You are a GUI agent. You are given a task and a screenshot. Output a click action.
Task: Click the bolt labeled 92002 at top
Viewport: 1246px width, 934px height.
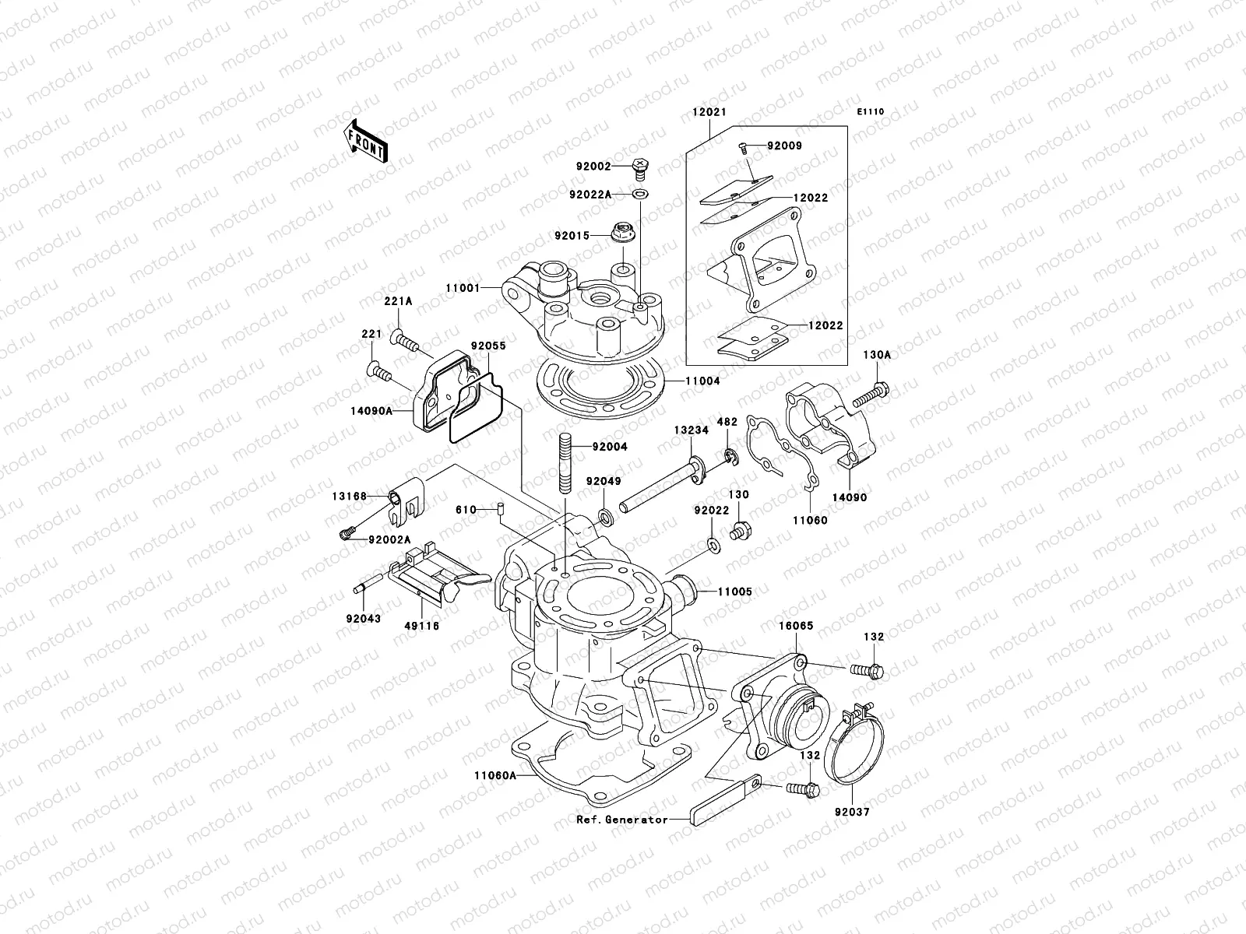[639, 166]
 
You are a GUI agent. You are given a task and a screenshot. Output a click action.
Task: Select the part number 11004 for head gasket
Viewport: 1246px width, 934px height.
[702, 381]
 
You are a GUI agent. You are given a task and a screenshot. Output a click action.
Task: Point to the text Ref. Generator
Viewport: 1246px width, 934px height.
[621, 820]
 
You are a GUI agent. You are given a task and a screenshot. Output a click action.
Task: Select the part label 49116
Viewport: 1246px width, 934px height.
[422, 648]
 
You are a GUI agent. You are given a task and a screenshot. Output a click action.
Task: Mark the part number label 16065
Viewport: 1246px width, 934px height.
[797, 647]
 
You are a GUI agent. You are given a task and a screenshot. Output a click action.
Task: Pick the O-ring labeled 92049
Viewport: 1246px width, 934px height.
[604, 516]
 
